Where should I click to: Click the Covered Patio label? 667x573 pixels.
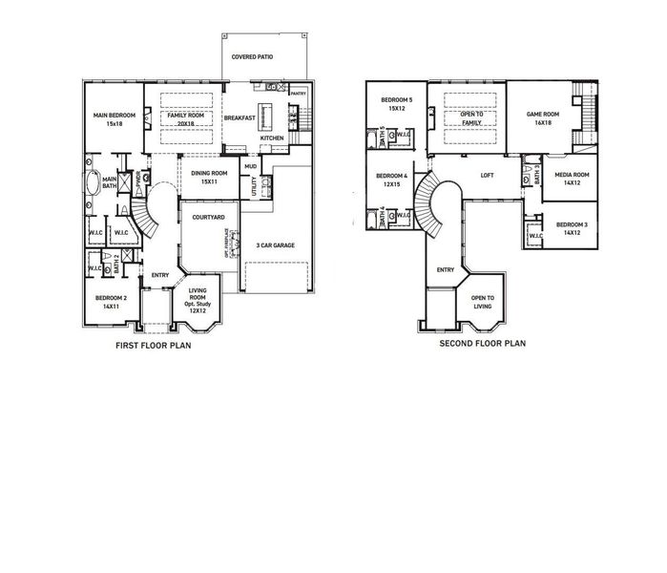(x=252, y=57)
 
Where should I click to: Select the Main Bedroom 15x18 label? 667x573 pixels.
(x=115, y=119)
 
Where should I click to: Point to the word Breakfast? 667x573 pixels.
(x=239, y=118)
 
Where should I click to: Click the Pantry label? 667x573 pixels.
(x=298, y=94)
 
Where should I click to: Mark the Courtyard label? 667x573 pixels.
(x=208, y=218)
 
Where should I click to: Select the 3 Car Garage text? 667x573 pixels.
(x=276, y=245)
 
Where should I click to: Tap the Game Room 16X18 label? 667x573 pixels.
(x=542, y=118)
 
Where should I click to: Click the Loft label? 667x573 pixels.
(x=487, y=176)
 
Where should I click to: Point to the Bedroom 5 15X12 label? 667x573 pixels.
(x=397, y=104)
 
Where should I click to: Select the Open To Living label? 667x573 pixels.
(x=483, y=302)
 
